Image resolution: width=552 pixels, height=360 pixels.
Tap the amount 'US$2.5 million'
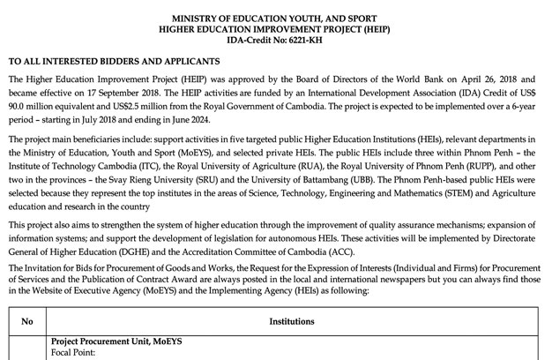(x=134, y=105)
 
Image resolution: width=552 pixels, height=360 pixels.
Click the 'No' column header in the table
(x=26, y=322)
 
